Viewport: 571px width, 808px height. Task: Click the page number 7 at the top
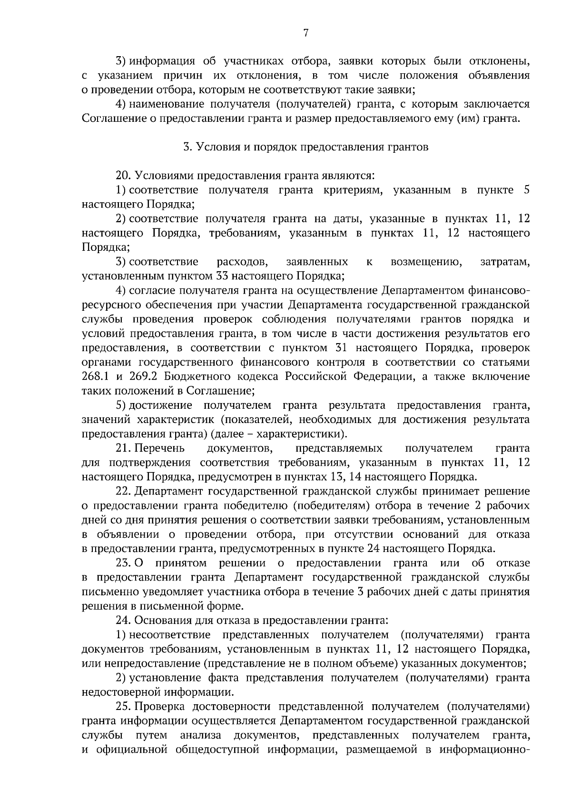[x=305, y=32]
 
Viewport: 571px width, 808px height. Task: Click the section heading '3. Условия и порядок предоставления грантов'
[x=306, y=147]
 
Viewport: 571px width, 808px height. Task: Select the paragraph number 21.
[x=123, y=448]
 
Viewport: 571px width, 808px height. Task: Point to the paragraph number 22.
[x=123, y=491]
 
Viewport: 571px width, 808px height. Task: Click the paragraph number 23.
[x=123, y=563]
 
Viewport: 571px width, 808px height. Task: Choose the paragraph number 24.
[x=123, y=621]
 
